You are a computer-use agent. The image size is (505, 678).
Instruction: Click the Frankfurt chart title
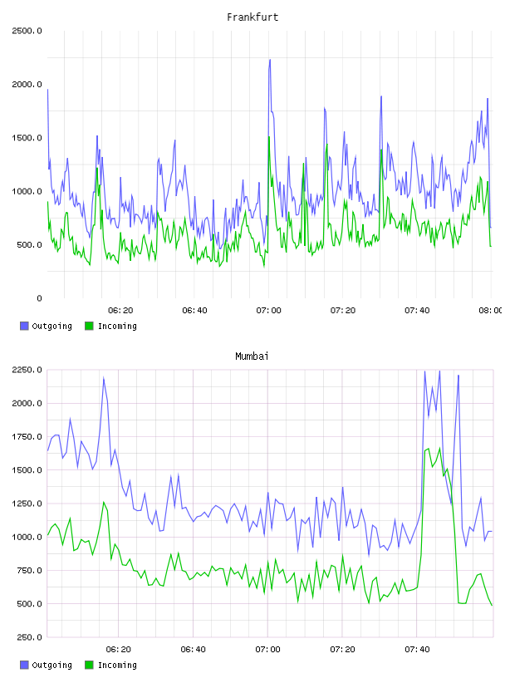pos(252,17)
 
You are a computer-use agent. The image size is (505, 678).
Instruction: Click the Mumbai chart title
pos(252,356)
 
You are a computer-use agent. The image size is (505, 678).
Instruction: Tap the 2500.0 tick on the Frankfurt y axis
pos(27,31)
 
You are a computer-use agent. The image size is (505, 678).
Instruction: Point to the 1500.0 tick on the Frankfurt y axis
pos(27,138)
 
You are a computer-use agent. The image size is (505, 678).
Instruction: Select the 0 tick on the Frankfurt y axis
pos(39,298)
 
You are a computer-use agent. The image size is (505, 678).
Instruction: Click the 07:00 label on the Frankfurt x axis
pos(268,311)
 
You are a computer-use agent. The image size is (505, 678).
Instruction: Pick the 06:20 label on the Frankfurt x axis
pos(120,311)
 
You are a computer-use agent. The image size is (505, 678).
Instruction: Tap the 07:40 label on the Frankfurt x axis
pos(417,311)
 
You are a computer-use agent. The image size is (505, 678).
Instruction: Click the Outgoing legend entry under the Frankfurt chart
pos(46,326)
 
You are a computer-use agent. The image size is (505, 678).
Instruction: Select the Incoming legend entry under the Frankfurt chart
pos(110,326)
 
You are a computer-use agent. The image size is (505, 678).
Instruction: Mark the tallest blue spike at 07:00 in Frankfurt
pos(270,60)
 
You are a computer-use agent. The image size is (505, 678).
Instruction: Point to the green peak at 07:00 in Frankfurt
pos(269,137)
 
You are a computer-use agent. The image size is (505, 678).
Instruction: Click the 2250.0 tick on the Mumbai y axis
pos(27,370)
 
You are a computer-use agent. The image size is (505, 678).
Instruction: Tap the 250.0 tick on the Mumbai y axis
pos(29,637)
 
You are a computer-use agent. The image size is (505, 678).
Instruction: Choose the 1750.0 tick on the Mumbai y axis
pos(27,437)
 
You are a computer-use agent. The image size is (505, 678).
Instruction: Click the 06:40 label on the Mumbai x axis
pos(194,650)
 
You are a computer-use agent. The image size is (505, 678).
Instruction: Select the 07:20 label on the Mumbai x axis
pos(342,650)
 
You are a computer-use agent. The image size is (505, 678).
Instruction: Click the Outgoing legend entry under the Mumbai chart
pos(46,665)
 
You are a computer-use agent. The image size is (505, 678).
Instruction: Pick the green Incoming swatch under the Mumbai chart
pos(89,665)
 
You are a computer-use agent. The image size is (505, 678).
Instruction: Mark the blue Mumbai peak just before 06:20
pos(104,378)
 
